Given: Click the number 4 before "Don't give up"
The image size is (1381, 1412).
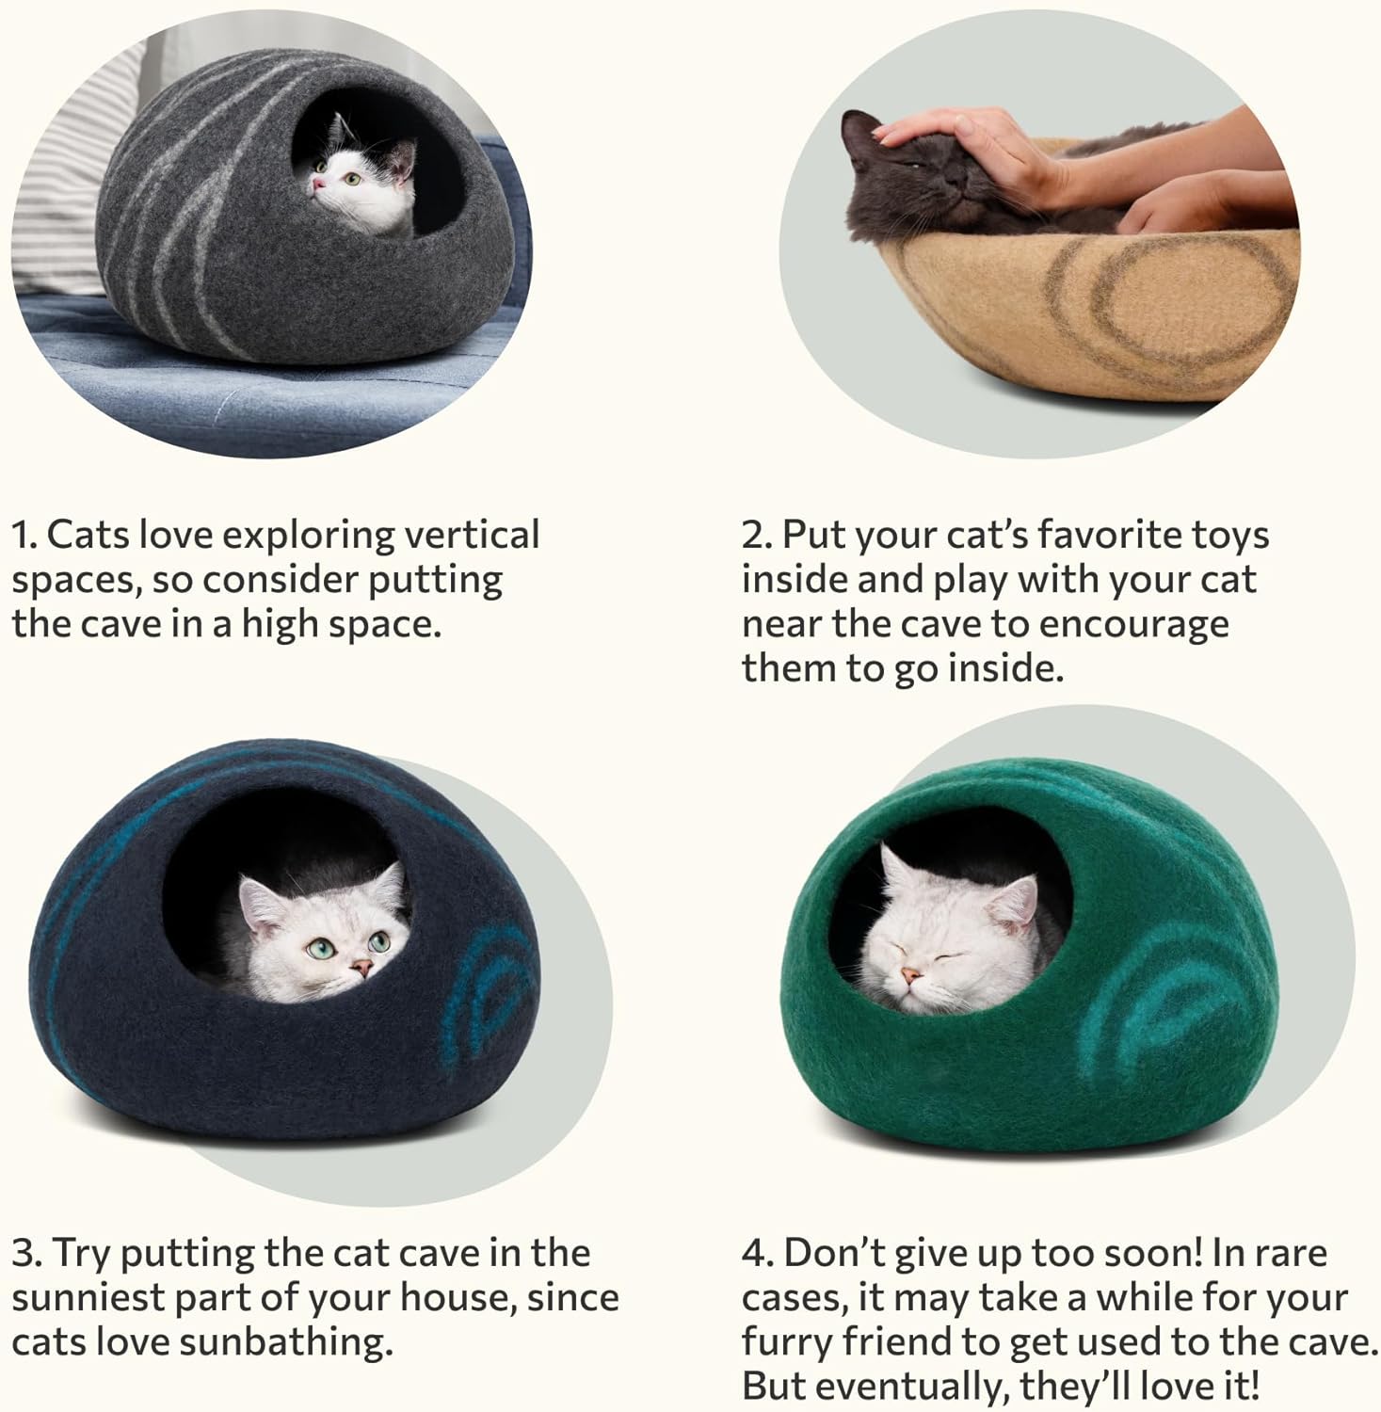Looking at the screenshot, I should [x=756, y=1253].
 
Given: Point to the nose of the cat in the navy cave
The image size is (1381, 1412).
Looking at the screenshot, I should [x=359, y=966].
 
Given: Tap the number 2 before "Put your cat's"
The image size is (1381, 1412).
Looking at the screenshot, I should [x=756, y=535].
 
